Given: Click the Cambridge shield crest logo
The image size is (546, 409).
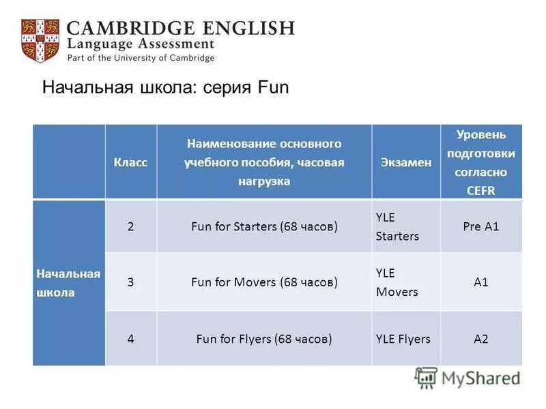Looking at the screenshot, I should coord(40,41).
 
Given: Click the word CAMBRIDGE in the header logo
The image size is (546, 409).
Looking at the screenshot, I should coord(129,29).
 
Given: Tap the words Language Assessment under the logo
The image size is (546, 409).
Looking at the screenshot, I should coord(141,44).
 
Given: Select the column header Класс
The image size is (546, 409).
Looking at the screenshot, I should coord(130,162).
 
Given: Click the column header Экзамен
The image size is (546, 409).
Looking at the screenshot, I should coord(405,162).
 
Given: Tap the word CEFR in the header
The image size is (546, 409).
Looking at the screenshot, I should coord(480,191).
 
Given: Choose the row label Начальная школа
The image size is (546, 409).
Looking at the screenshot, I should coord(68,283).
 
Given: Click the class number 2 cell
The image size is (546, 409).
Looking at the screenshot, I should coord(130,226).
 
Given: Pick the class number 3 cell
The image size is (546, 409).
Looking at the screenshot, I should coord(130,282).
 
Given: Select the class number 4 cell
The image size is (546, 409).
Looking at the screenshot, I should coord(130,338).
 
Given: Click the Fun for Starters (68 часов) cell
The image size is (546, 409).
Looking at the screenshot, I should coord(264,226).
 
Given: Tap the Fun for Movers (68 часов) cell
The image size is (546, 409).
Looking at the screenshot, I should coord(264,282).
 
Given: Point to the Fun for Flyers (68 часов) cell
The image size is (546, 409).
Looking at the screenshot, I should coord(264,338).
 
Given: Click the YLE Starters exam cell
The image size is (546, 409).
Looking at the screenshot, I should coord(397,226).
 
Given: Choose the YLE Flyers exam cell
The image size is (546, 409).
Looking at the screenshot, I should coord(403,338).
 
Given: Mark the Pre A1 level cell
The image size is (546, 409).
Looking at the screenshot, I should coord(480,226).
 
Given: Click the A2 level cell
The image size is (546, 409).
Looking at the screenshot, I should coord(480,338).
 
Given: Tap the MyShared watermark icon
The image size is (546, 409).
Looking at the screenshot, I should coord(426,378).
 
